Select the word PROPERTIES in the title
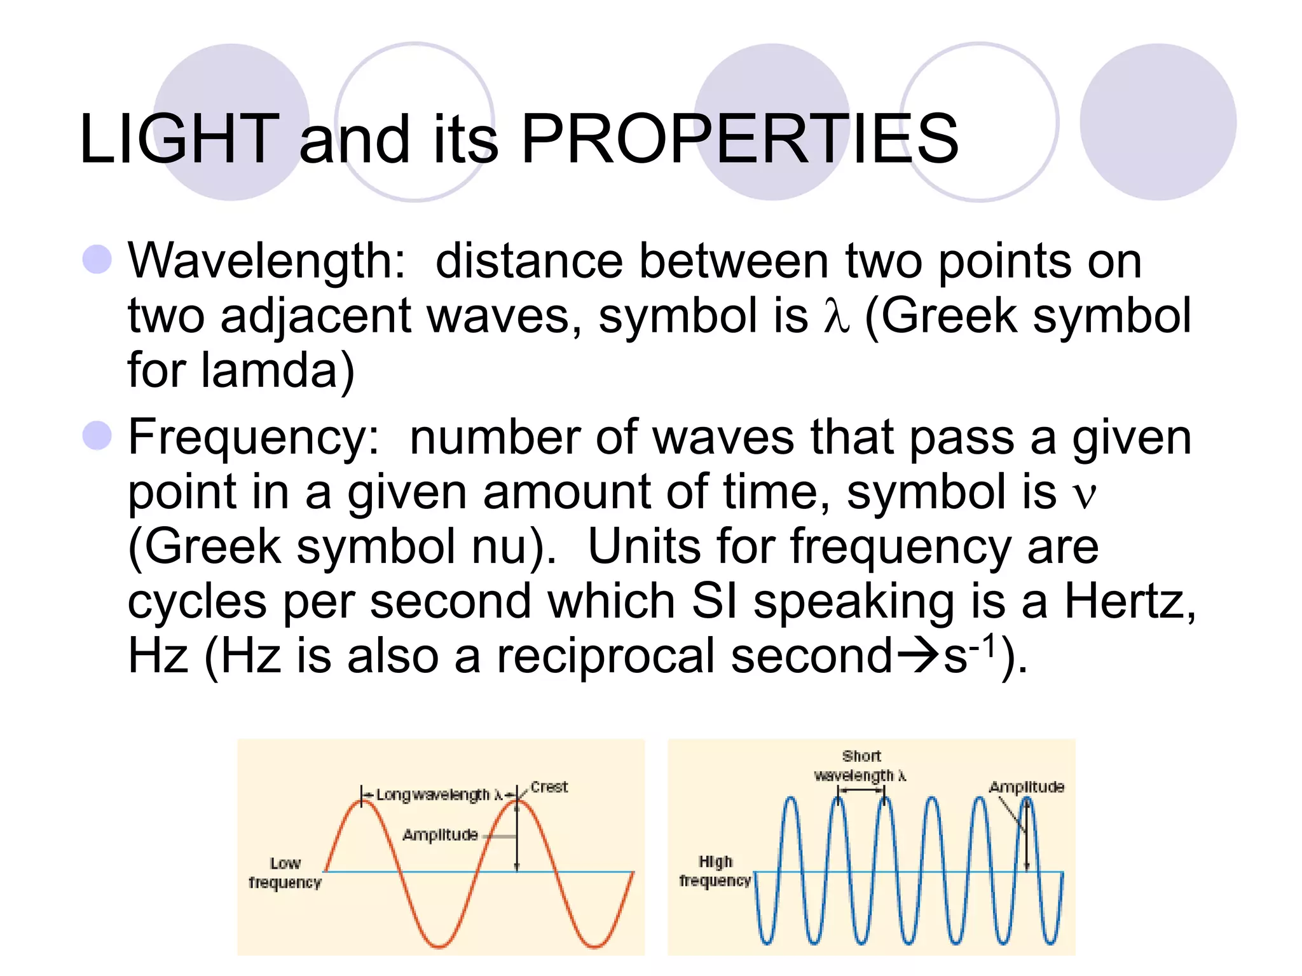[x=739, y=139]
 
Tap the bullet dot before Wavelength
[x=97, y=260]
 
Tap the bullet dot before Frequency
[x=97, y=436]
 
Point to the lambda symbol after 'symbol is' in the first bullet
[x=836, y=316]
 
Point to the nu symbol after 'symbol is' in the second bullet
[x=1084, y=493]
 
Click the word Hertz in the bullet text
[x=1124, y=601]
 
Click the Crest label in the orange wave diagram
[x=549, y=787]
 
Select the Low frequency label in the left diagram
[x=285, y=873]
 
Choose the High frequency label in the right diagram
[x=715, y=871]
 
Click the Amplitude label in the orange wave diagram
[x=440, y=835]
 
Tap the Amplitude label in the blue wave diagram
[x=1026, y=787]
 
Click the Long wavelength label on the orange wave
[x=432, y=795]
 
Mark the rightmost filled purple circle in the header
[x=1158, y=122]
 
